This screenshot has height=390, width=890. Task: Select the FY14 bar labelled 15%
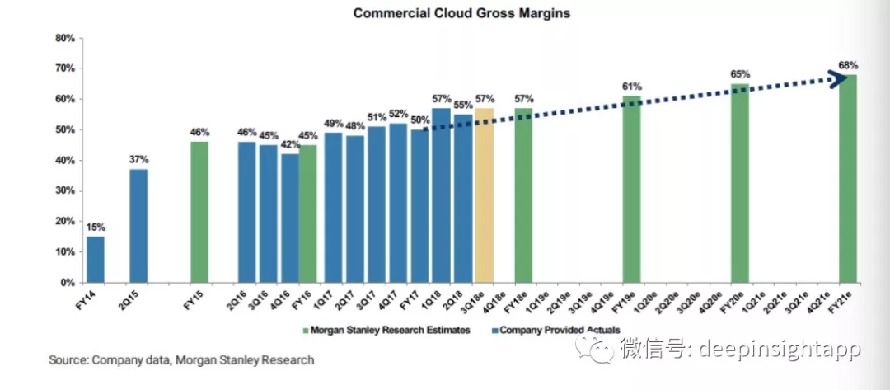click(x=96, y=259)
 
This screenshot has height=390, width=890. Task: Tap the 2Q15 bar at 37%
click(x=138, y=225)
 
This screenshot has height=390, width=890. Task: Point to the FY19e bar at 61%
click(x=631, y=189)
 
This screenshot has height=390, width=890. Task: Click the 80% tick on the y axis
click(x=65, y=38)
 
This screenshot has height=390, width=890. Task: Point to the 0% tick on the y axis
click(x=68, y=282)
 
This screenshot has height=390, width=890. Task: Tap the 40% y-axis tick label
click(x=65, y=160)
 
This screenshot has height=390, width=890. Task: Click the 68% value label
click(x=849, y=65)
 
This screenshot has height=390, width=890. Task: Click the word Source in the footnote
click(x=68, y=360)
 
